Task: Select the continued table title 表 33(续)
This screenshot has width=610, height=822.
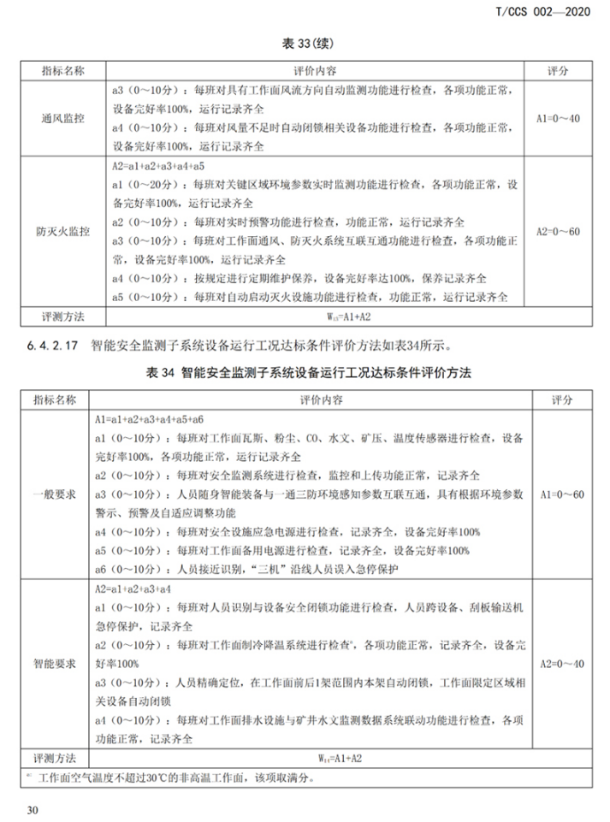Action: pyautogui.click(x=305, y=42)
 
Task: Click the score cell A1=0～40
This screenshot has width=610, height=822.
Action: pyautogui.click(x=558, y=118)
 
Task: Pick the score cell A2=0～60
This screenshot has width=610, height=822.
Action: pyautogui.click(x=558, y=231)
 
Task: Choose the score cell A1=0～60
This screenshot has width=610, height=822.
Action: pyautogui.click(x=558, y=494)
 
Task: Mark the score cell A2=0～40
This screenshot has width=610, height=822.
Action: pyautogui.click(x=558, y=662)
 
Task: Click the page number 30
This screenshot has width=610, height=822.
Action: pyautogui.click(x=33, y=809)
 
